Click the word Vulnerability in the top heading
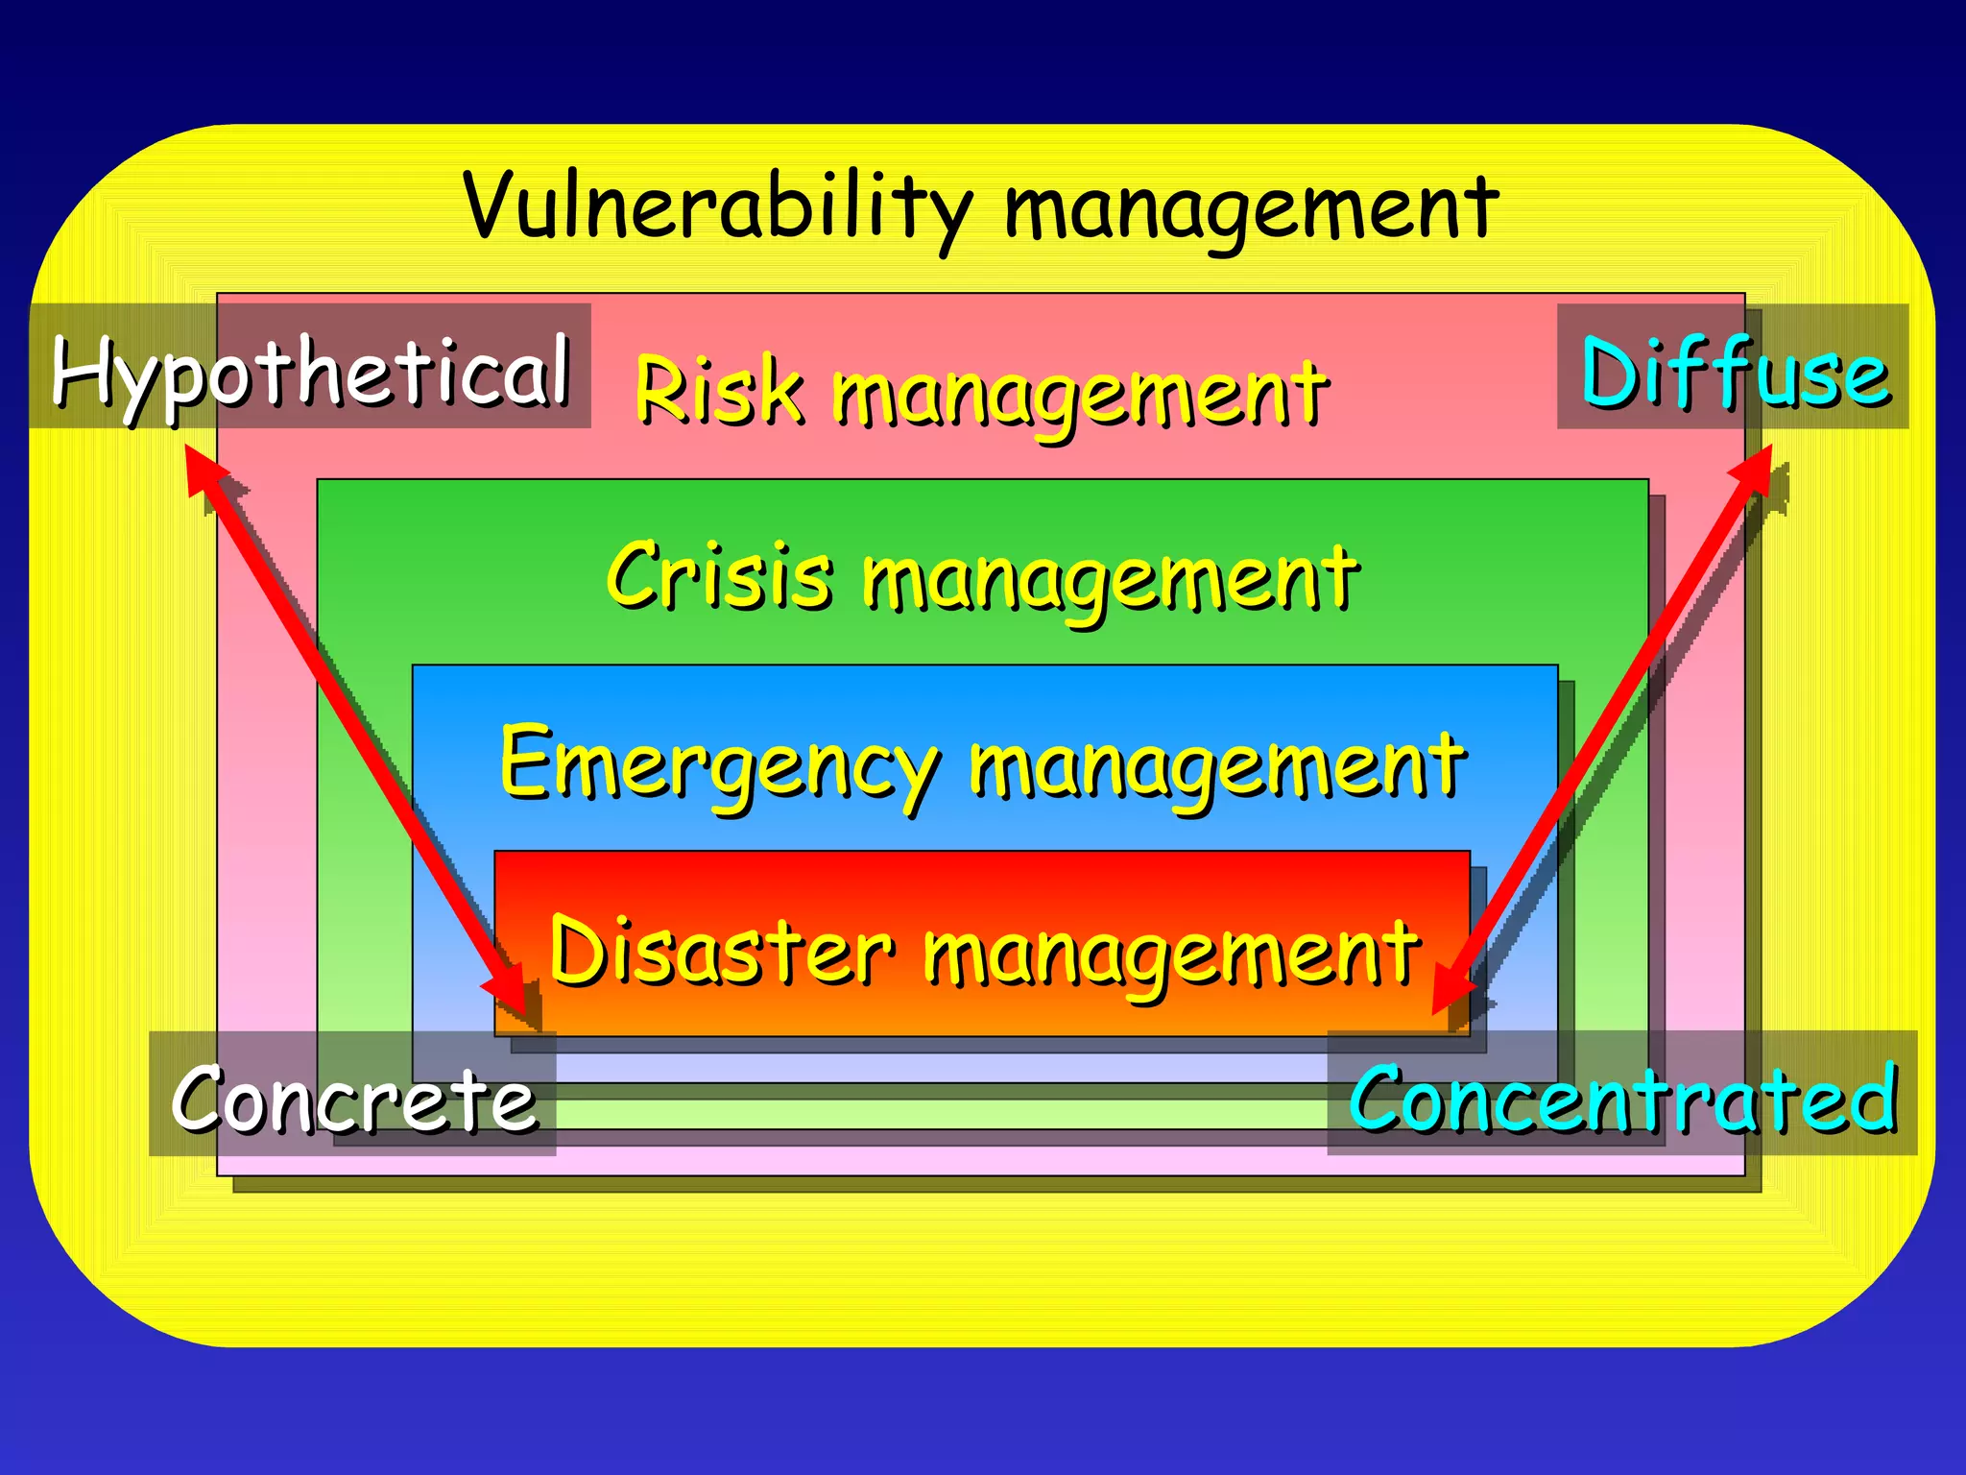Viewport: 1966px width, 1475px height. pyautogui.click(x=715, y=206)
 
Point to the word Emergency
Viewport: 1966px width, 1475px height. pyautogui.click(x=716, y=764)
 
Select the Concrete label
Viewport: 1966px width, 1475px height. pyautogui.click(x=353, y=1099)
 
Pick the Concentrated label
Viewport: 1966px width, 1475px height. pyautogui.click(x=1622, y=1097)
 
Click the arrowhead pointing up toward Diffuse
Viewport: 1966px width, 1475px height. pyautogui.click(x=1755, y=468)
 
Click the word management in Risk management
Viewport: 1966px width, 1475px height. pyautogui.click(x=1079, y=394)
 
